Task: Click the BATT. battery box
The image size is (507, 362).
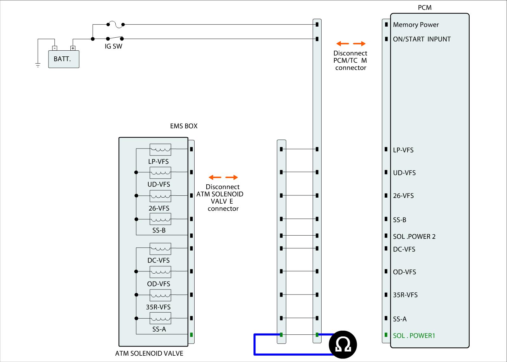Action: click(x=64, y=59)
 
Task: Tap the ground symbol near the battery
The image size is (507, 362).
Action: click(x=38, y=65)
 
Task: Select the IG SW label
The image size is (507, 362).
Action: click(x=113, y=46)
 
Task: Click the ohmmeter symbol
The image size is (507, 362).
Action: click(x=343, y=345)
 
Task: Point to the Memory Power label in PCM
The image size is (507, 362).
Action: click(x=416, y=25)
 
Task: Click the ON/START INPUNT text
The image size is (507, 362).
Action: click(x=422, y=39)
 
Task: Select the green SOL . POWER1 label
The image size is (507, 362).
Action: click(x=414, y=335)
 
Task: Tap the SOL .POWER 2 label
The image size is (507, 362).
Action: click(x=414, y=237)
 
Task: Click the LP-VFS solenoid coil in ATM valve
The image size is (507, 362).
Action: click(x=160, y=149)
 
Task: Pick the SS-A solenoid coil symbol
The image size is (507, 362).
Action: click(x=160, y=318)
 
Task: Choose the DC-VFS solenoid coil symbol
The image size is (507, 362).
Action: click(x=160, y=249)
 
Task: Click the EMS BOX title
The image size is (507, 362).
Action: click(x=183, y=126)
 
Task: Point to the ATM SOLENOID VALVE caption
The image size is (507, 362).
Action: click(x=149, y=353)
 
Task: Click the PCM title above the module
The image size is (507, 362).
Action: click(x=425, y=8)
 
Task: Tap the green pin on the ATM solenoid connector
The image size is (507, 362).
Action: click(x=191, y=335)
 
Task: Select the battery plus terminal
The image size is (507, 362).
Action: click(x=73, y=48)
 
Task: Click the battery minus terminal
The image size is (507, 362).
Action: click(x=55, y=48)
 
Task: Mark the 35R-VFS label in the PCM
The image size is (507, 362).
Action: click(x=405, y=295)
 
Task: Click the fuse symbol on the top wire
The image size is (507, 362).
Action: click(x=115, y=24)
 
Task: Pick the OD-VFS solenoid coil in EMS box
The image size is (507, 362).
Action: click(x=160, y=272)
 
